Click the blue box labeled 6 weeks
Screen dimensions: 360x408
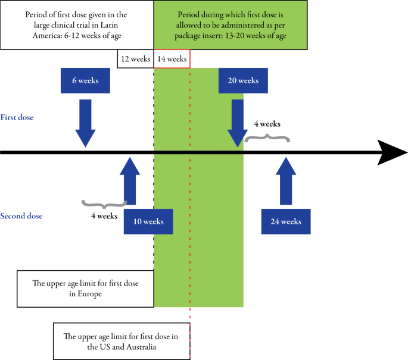point(85,80)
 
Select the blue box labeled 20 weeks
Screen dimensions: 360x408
point(243,80)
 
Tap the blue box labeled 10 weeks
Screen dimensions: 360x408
point(148,221)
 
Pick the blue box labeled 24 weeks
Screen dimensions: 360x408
point(285,221)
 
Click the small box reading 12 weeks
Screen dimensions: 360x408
point(135,59)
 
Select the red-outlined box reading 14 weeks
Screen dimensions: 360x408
point(172,59)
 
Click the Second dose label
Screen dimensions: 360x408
point(21,216)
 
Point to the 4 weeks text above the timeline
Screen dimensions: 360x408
point(267,124)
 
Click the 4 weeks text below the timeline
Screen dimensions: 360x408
point(104,216)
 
